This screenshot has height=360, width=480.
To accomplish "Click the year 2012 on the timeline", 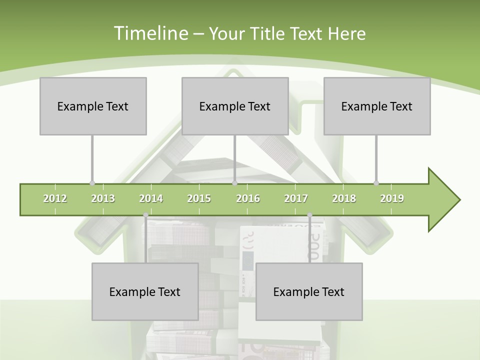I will (55, 198).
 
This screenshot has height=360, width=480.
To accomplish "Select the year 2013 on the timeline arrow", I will (103, 198).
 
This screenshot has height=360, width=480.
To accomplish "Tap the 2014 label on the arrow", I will (151, 198).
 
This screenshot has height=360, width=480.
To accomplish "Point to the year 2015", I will (199, 198).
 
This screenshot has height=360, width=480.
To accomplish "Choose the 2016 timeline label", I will (248, 198).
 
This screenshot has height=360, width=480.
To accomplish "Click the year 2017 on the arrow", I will (296, 198).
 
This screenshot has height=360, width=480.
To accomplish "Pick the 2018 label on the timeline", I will (344, 198).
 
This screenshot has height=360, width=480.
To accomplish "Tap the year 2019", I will (392, 198).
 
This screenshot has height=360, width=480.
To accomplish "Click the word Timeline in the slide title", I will (149, 33).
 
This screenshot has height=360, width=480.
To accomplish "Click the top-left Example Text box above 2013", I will (93, 106).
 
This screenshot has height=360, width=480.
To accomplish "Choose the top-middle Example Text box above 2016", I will (235, 106).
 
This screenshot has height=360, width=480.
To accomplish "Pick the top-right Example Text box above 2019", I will (377, 106).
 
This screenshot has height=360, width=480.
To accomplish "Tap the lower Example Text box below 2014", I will (145, 291).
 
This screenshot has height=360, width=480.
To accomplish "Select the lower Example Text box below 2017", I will (309, 291).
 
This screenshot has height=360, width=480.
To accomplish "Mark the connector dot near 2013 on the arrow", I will (92, 183).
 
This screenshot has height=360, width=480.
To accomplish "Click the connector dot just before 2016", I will (234, 183).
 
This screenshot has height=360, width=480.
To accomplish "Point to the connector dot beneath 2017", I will (309, 215).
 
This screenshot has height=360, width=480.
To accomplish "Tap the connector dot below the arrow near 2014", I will (145, 215).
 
